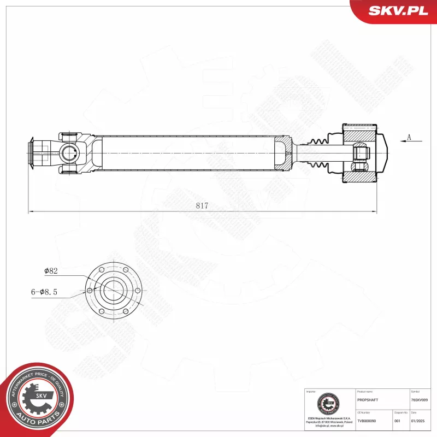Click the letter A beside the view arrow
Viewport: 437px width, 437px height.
(x=409, y=138)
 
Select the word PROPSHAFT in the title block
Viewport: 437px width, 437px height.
(x=367, y=400)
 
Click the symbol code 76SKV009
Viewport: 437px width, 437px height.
(x=420, y=400)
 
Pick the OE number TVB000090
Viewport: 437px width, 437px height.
(x=367, y=421)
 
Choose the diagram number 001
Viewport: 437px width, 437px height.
(x=397, y=421)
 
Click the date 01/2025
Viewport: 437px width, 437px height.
(x=417, y=421)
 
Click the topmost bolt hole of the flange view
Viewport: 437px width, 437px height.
(x=114, y=264)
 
